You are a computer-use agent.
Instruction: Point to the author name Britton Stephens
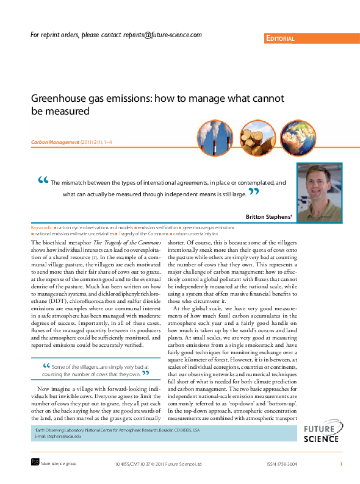pyautogui.click(x=269, y=217)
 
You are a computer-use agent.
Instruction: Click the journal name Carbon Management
pyautogui.click(x=55, y=142)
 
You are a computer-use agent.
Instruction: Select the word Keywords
pyautogui.click(x=41, y=227)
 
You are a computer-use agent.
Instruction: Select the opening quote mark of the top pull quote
pyautogui.click(x=42, y=180)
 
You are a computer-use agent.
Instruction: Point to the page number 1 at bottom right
pyautogui.click(x=340, y=464)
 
